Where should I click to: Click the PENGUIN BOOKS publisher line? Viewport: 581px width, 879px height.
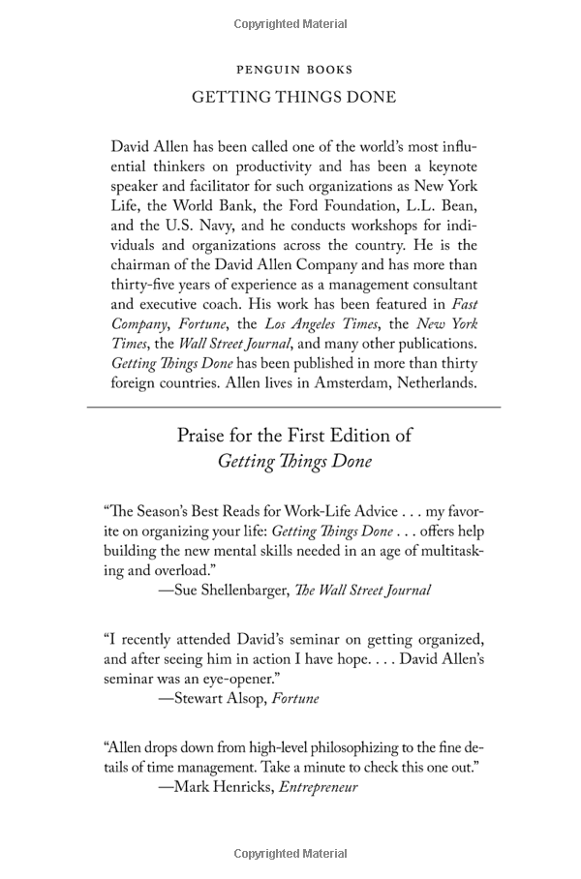click(293, 70)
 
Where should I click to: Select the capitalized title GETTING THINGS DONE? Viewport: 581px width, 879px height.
click(293, 98)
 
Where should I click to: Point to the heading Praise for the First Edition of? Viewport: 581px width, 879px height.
click(293, 436)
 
